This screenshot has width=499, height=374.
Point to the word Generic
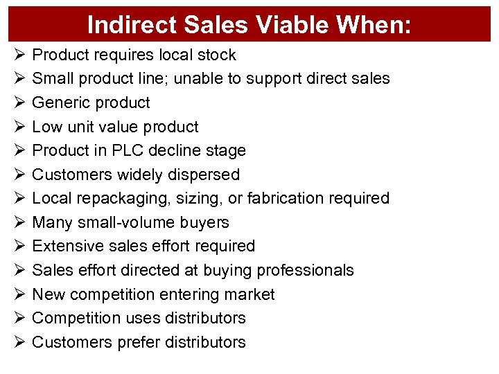[x=60, y=103]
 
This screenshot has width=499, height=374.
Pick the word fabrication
[x=279, y=199]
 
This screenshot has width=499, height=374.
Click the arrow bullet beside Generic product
[x=18, y=103]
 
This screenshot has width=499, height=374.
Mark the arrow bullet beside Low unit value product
[x=18, y=127]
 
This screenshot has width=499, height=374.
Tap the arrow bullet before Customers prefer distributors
[x=18, y=342]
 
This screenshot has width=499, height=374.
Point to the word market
[x=251, y=294]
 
